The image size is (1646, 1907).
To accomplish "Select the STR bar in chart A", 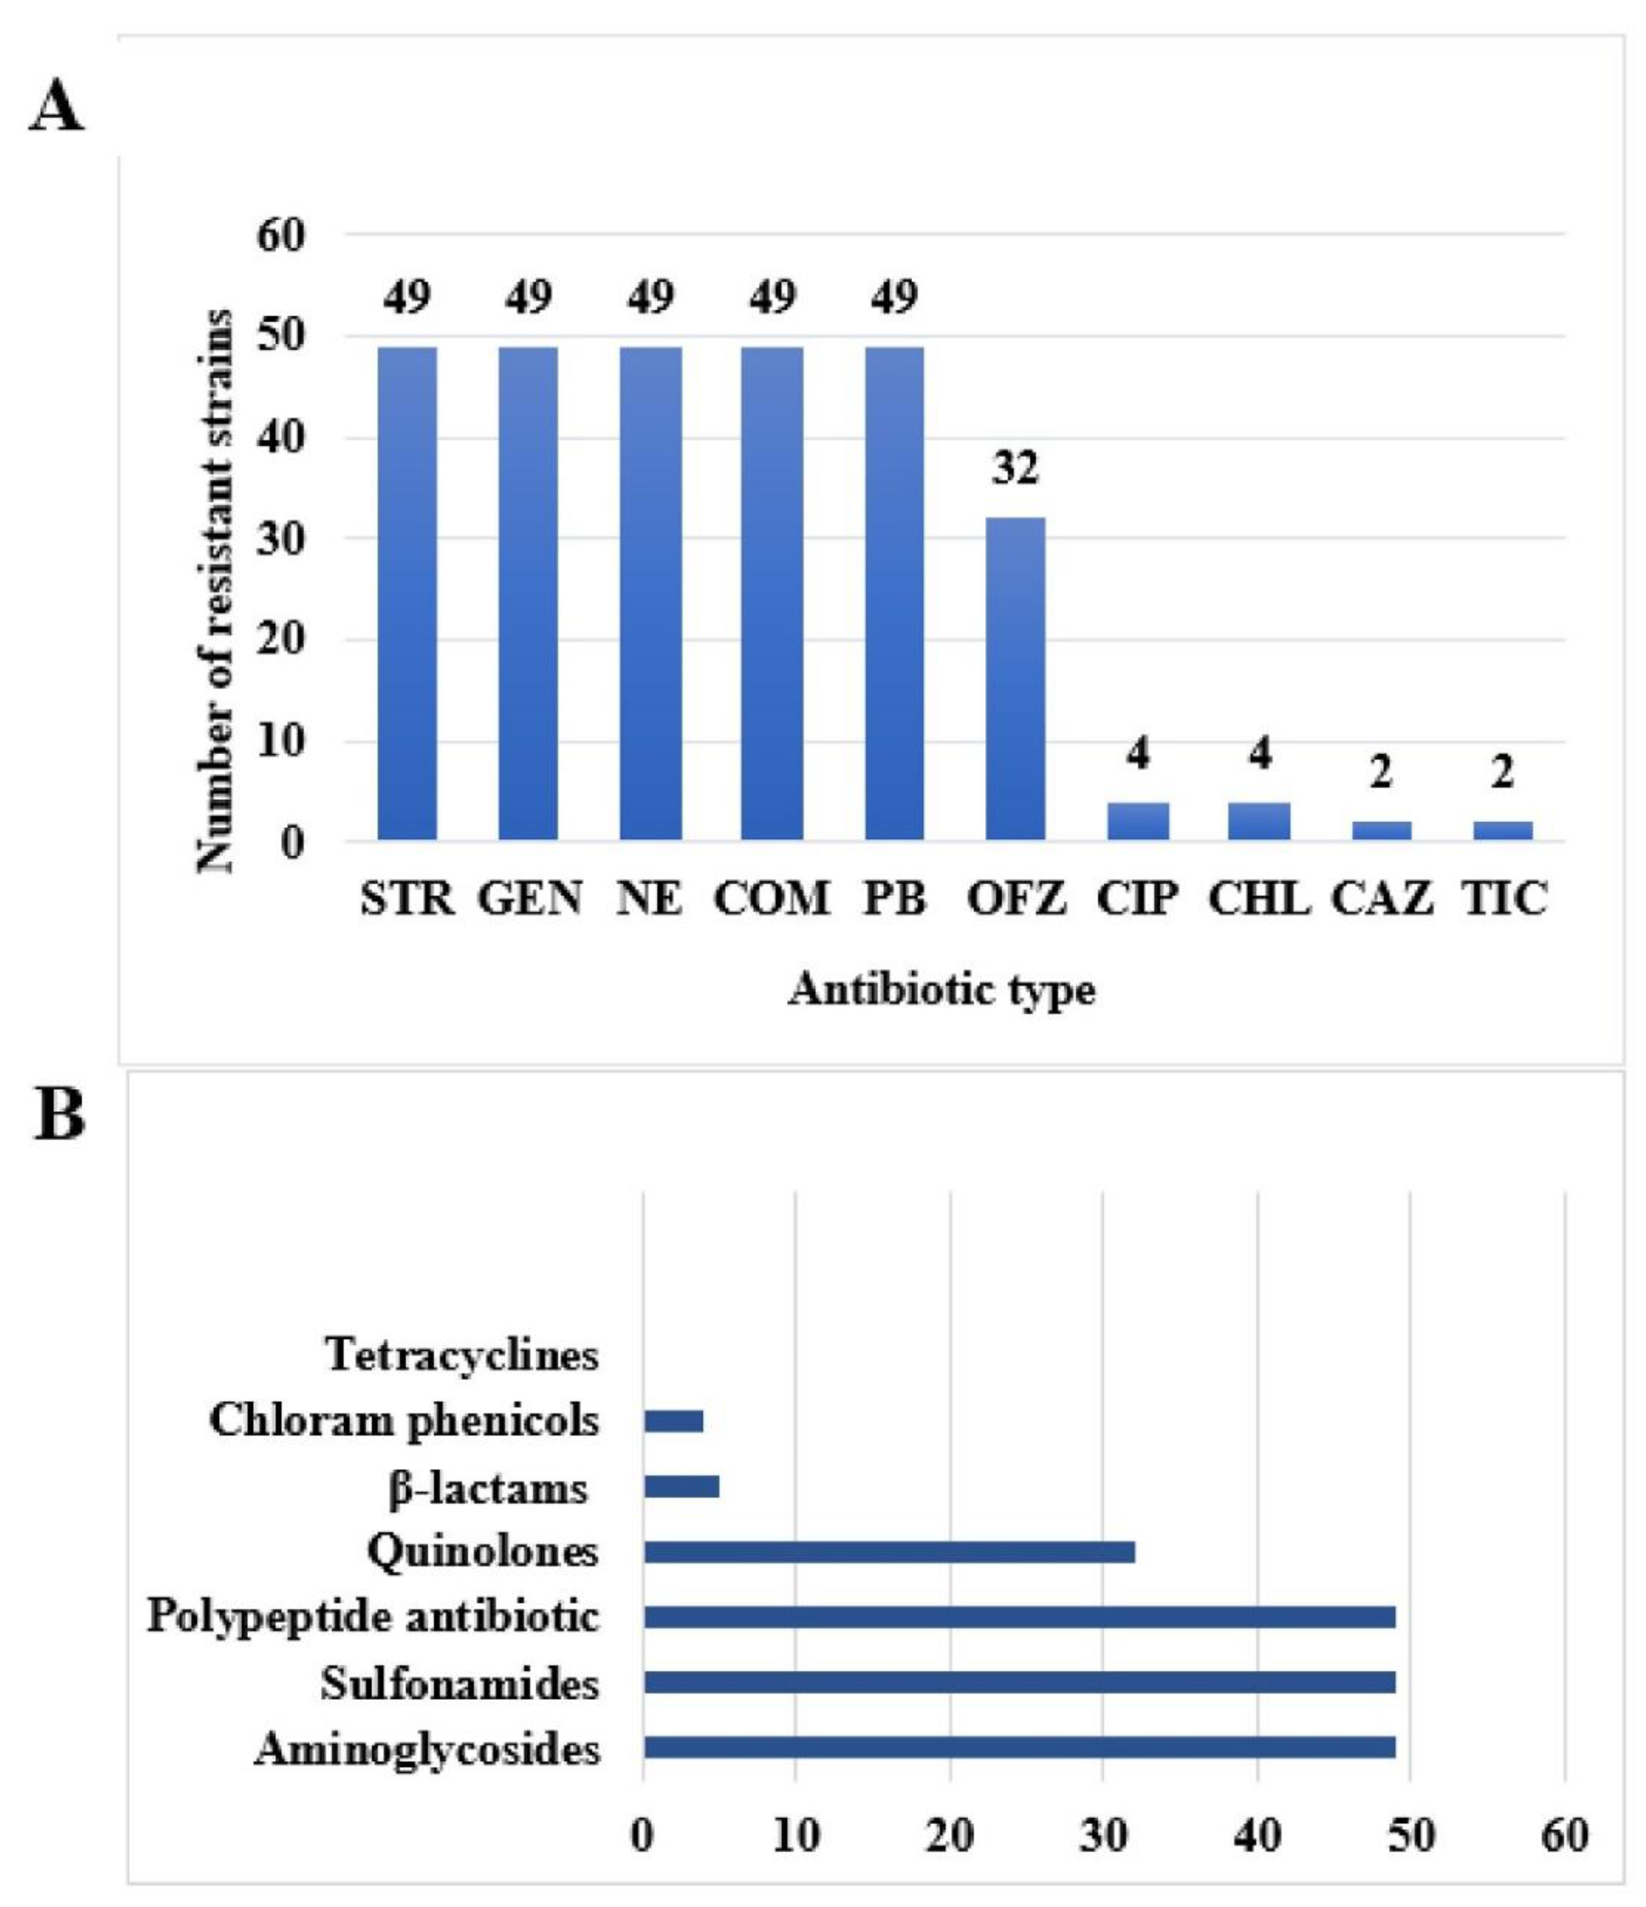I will point(407,594).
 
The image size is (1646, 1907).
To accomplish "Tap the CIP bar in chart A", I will point(1138,821).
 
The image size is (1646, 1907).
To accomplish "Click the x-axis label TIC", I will point(1503,898).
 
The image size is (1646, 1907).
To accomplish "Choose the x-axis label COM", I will point(771,898).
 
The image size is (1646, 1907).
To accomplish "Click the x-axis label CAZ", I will point(1381,898).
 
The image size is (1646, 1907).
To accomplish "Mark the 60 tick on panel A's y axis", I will point(281,236).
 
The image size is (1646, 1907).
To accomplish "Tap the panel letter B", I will point(60,1116).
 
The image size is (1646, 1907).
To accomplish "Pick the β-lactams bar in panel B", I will point(681,1487).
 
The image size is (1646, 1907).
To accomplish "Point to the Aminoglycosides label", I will point(427,1749).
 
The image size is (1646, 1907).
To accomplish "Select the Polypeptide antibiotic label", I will point(373,1617).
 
